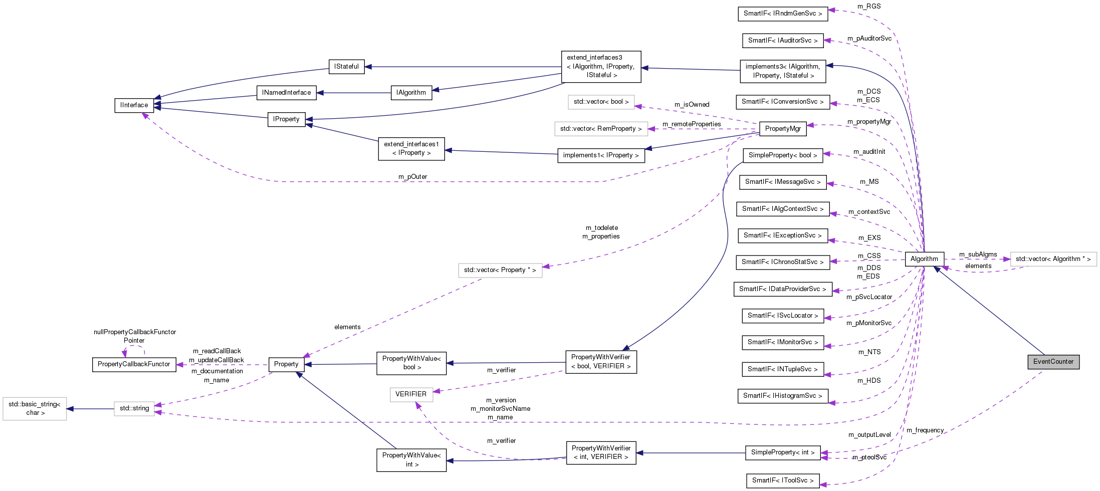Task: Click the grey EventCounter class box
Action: (x=1053, y=362)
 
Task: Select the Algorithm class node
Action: (x=924, y=259)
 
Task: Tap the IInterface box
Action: (x=134, y=105)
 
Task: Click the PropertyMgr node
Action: (x=782, y=129)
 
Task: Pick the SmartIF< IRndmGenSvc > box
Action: (x=782, y=14)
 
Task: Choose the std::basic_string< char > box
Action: (x=35, y=409)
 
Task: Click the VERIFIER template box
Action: (x=411, y=394)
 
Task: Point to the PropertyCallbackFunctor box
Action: (x=134, y=364)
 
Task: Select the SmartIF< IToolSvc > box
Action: (x=782, y=480)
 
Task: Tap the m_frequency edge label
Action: (x=925, y=430)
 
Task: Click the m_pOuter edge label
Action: (x=412, y=177)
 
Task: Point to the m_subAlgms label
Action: (x=978, y=255)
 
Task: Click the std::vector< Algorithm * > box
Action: (x=1053, y=259)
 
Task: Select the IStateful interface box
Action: (x=346, y=67)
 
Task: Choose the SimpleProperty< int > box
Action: (x=782, y=452)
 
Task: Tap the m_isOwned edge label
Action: (x=692, y=105)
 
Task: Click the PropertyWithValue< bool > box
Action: (x=411, y=363)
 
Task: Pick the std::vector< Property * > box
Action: (x=500, y=270)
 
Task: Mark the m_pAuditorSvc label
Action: (x=869, y=39)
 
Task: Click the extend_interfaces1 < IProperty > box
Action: (x=411, y=149)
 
